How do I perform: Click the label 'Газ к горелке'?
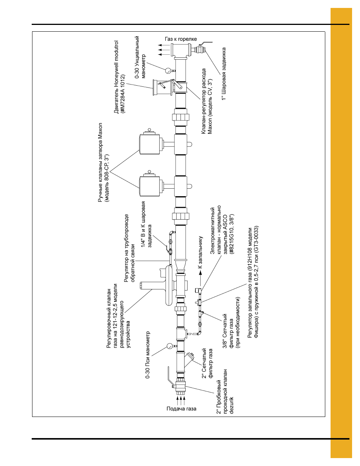click(x=180, y=39)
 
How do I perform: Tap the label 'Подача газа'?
click(x=181, y=409)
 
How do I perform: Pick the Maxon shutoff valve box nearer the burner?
click(x=149, y=144)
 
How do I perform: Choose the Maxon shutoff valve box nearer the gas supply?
click(x=149, y=186)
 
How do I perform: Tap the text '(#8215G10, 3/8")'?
click(x=232, y=234)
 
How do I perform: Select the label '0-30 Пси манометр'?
click(x=148, y=355)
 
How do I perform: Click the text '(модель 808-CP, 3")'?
click(x=107, y=178)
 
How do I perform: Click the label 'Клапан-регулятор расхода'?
click(x=204, y=101)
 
